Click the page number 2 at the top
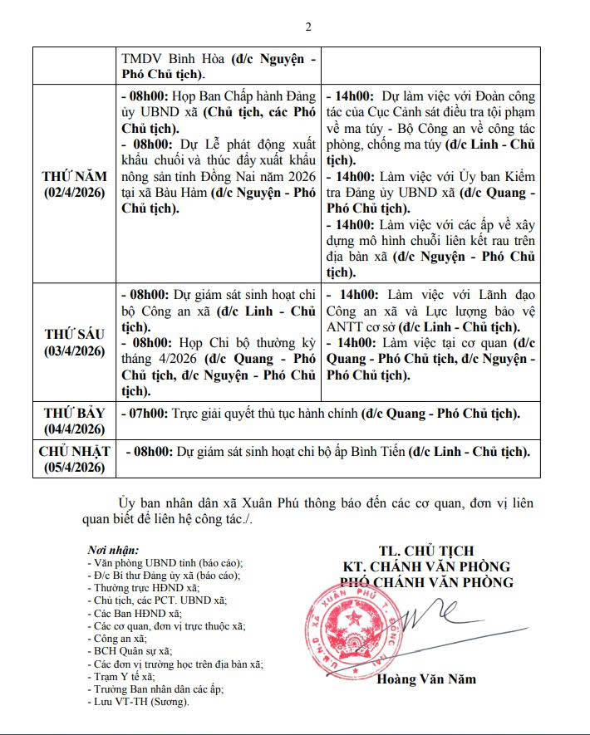[307, 27]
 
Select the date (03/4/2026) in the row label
[75, 351]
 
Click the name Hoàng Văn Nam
[426, 679]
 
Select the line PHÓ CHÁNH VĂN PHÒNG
[427, 582]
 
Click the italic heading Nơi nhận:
[114, 550]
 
